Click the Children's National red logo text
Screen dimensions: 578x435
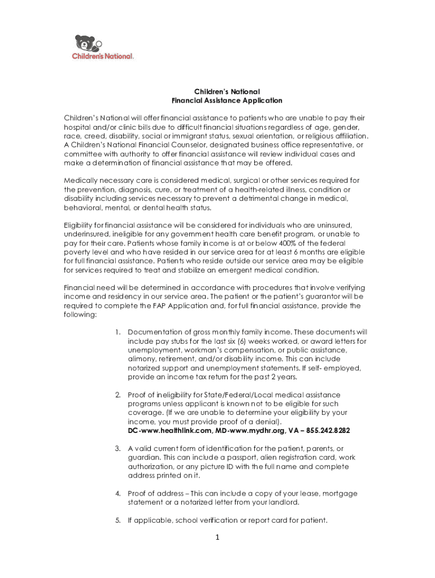pos(103,56)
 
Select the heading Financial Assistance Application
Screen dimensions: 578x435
pos(227,100)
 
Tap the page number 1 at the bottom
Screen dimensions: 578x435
pos(217,537)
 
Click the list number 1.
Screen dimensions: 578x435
pos(117,332)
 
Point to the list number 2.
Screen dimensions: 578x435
pos(117,395)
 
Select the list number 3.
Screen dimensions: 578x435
pos(117,448)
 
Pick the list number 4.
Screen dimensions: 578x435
pos(117,493)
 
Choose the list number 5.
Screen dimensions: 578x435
pos(117,520)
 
